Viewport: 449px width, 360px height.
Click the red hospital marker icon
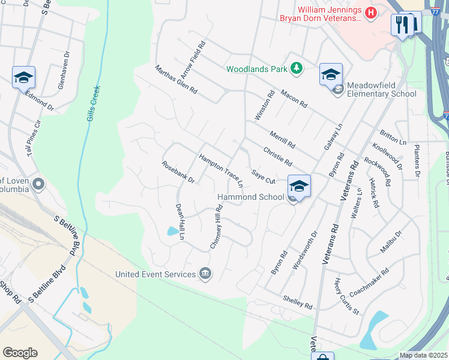coord(372,11)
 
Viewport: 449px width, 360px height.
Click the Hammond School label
coord(250,197)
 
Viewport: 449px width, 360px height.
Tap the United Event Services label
coord(155,274)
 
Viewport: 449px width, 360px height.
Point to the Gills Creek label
coord(93,103)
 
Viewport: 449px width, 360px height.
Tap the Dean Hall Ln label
coord(179,221)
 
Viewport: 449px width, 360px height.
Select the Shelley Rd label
coord(298,302)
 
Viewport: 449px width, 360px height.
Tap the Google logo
coord(20,353)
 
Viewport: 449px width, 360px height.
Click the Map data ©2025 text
coord(423,355)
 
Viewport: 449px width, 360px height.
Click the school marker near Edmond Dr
coord(24,77)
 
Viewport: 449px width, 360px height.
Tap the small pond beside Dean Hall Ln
coord(173,230)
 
